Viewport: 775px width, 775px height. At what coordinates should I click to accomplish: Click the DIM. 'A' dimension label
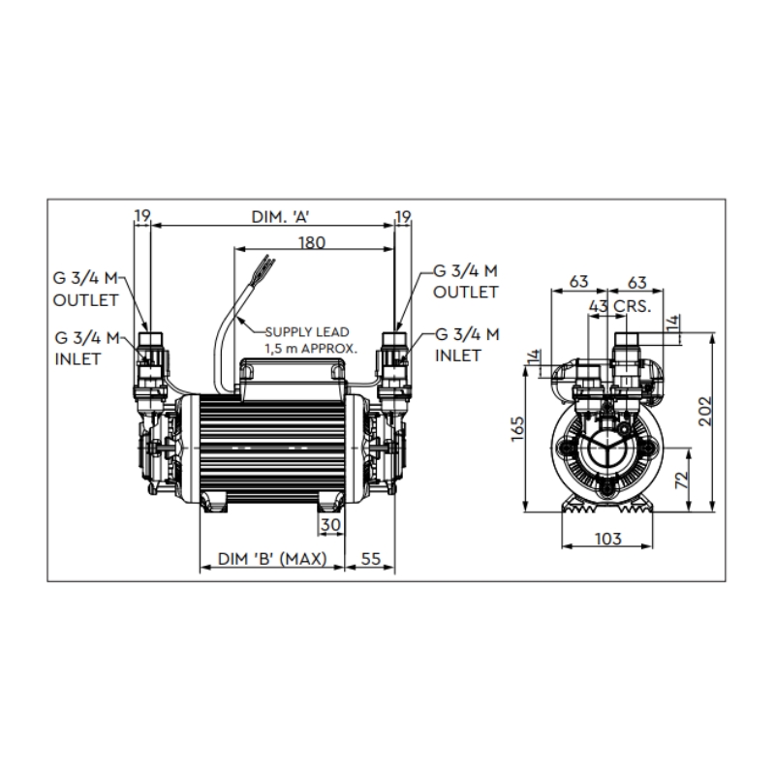[281, 217]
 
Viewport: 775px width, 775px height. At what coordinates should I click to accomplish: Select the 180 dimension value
[312, 243]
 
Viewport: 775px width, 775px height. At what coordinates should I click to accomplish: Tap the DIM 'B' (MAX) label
[272, 559]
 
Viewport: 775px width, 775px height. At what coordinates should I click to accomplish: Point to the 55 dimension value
[371, 559]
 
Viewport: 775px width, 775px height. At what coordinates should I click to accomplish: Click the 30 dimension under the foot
[330, 524]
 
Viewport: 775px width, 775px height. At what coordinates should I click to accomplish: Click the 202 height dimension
[705, 411]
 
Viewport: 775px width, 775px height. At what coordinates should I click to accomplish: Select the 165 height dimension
[517, 429]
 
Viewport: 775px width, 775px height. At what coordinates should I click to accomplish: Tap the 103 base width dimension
[607, 539]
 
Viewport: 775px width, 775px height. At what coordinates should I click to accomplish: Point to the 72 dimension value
[682, 480]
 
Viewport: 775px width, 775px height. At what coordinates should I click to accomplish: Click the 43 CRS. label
[620, 306]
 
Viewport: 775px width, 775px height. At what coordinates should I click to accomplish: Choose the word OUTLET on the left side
[85, 300]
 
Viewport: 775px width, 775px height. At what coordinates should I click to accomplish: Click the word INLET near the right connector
[457, 356]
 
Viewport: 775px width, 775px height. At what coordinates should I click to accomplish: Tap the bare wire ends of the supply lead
[267, 265]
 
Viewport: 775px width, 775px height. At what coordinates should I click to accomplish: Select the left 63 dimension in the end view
[578, 281]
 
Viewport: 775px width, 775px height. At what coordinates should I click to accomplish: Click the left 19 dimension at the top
[142, 216]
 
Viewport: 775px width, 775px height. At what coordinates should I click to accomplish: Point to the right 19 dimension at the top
[403, 217]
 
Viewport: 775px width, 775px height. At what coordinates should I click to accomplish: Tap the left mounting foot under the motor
[213, 502]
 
